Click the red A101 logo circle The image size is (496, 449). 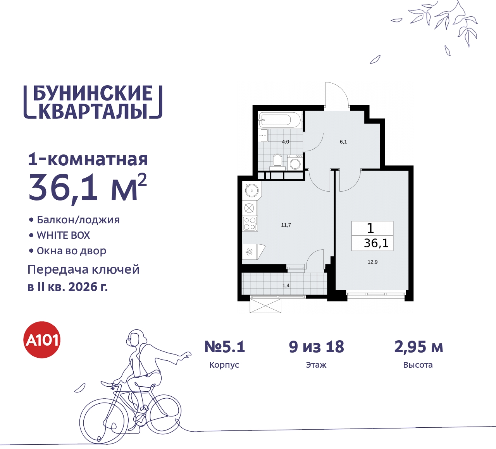(42, 340)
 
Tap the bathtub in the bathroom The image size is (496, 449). (280, 120)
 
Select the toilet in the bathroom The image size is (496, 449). (277, 160)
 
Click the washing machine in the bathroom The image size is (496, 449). (295, 162)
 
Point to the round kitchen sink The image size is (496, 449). (251, 190)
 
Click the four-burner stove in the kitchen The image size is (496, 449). (250, 224)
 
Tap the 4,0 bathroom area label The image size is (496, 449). (286, 142)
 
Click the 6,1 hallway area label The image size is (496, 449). (343, 142)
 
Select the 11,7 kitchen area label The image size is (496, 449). (286, 225)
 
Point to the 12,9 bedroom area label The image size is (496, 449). (372, 262)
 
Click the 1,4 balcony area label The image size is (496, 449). (286, 286)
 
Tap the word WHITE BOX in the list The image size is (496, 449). (63, 235)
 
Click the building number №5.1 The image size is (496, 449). (225, 347)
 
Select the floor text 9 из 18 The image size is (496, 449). (316, 347)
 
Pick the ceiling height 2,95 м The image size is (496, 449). (418, 347)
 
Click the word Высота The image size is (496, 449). (418, 365)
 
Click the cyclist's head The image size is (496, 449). (136, 338)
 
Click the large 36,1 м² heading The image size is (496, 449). (88, 188)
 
